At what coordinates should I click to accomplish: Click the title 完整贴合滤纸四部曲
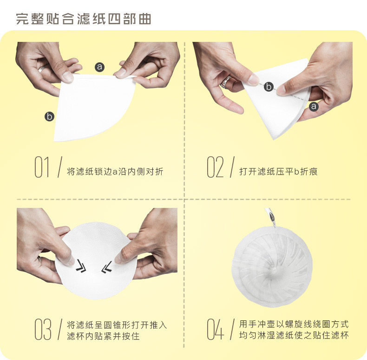(x=84, y=19)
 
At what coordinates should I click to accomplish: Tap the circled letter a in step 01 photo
(x=100, y=67)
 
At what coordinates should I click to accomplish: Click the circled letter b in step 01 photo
(x=49, y=116)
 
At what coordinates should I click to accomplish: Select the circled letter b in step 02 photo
(x=269, y=87)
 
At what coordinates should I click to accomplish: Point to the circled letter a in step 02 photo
(x=314, y=107)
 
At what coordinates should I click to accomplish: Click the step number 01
(x=42, y=167)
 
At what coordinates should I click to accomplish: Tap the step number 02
(x=216, y=167)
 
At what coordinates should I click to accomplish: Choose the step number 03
(x=43, y=329)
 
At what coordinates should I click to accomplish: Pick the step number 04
(x=216, y=329)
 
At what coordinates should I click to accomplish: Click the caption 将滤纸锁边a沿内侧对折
(x=115, y=172)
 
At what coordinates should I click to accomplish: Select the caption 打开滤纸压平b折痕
(x=278, y=172)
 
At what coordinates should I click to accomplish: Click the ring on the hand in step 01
(x=43, y=68)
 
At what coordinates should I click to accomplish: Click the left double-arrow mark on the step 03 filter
(x=81, y=266)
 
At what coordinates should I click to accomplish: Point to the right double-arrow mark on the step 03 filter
(x=107, y=267)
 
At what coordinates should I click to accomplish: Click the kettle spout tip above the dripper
(x=274, y=225)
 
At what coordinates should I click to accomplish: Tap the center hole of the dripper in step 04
(x=273, y=270)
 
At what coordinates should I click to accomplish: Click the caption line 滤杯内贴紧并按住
(x=103, y=336)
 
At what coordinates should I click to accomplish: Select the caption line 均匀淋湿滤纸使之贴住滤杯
(x=294, y=335)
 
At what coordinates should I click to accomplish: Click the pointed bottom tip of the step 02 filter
(x=274, y=139)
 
